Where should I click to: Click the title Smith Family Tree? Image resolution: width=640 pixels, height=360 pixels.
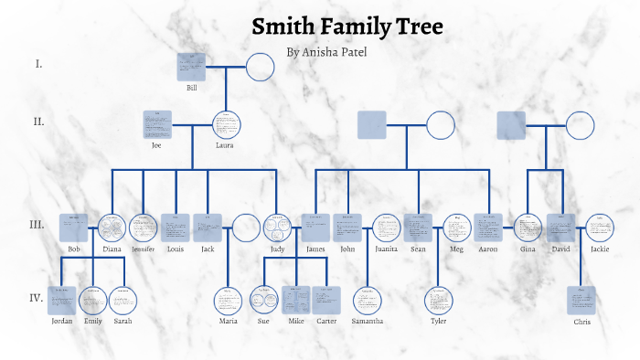tap(347, 26)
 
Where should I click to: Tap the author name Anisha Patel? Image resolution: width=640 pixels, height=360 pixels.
tap(326, 52)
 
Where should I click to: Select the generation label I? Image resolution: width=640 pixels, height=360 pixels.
tap(38, 64)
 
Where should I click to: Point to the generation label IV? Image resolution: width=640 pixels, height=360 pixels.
tap(37, 297)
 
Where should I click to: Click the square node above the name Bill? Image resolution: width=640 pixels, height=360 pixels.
tap(191, 67)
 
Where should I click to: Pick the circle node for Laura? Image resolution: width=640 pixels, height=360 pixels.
tap(226, 125)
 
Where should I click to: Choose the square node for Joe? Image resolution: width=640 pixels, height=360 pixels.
tap(157, 125)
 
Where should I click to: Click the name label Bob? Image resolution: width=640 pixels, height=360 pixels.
tap(74, 249)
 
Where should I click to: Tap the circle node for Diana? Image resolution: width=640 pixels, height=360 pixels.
tap(112, 228)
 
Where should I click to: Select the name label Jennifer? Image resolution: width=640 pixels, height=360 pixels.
tap(144, 249)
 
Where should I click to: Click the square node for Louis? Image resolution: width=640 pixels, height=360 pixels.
tap(175, 228)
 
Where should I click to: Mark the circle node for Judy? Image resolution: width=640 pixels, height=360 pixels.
tap(277, 228)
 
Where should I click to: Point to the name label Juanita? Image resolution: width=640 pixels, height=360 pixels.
tap(386, 249)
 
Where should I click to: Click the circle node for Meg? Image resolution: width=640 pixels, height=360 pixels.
tap(457, 228)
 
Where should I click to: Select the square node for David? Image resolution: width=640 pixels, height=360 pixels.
tap(560, 228)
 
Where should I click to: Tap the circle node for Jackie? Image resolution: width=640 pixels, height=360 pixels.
tap(600, 228)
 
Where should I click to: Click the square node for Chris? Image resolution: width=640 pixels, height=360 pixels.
tap(581, 301)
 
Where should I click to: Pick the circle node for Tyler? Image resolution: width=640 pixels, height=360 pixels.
tap(439, 301)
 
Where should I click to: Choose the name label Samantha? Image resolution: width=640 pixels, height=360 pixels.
tap(367, 322)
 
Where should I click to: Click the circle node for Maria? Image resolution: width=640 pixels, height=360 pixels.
tap(229, 301)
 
